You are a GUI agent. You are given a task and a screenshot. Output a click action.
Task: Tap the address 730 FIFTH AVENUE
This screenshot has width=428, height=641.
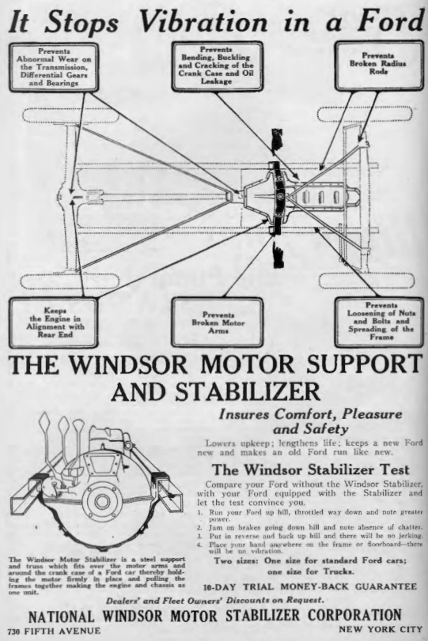[x=51, y=631]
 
